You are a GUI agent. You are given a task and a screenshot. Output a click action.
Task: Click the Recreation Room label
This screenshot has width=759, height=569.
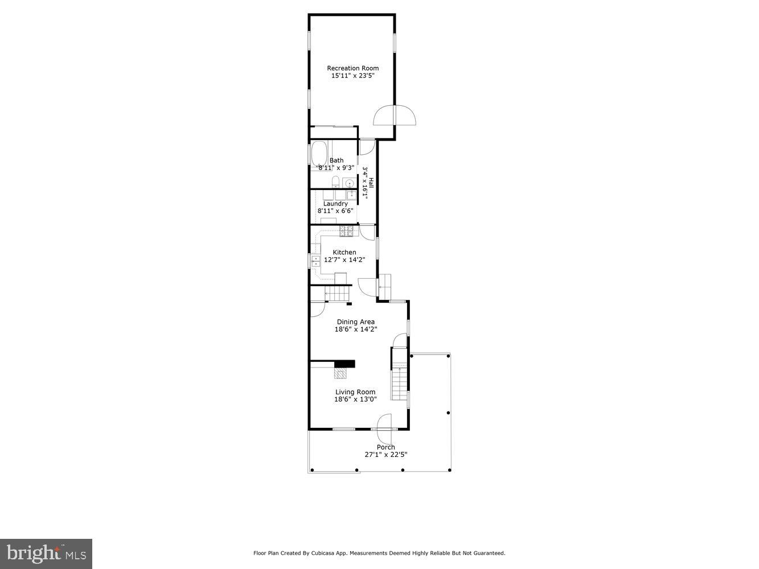(x=352, y=68)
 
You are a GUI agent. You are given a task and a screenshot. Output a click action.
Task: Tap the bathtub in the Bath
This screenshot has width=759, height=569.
(x=319, y=154)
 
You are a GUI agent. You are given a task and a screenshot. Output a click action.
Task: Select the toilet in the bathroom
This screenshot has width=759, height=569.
(x=336, y=183)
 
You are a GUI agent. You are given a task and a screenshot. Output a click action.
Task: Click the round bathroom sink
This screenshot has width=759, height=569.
(x=350, y=183)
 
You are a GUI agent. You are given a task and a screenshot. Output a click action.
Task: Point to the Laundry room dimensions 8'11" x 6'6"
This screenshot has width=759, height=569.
(x=335, y=211)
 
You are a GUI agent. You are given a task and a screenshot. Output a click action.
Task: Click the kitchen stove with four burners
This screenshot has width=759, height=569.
(x=347, y=231)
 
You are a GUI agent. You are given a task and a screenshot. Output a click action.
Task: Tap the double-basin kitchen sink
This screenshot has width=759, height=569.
(x=315, y=261)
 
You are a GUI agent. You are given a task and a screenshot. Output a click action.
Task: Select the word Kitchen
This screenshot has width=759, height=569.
(x=344, y=252)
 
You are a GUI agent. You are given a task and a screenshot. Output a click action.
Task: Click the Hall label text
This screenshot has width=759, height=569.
(x=371, y=183)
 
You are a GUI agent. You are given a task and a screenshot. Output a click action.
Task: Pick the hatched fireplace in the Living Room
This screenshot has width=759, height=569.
(x=340, y=373)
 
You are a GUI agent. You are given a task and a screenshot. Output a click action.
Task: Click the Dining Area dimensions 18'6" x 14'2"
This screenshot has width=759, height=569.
(x=355, y=329)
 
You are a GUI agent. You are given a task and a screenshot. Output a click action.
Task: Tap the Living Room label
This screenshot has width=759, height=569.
(x=355, y=391)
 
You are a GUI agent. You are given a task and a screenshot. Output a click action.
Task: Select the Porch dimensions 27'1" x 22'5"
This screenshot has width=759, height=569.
(x=385, y=455)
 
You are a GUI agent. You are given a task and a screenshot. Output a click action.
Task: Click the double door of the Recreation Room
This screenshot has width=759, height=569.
(x=395, y=116)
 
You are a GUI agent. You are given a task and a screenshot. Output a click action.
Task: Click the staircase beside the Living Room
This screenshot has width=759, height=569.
(x=400, y=382)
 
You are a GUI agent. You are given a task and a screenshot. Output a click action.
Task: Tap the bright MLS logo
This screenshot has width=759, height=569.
(x=46, y=553)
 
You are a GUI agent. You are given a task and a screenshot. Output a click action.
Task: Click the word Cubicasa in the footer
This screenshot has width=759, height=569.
(x=322, y=553)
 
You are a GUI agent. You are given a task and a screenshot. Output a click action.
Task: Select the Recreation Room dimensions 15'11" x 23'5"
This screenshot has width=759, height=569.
(x=352, y=76)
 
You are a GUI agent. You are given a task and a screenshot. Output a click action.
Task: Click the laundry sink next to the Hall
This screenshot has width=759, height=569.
(x=351, y=195)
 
